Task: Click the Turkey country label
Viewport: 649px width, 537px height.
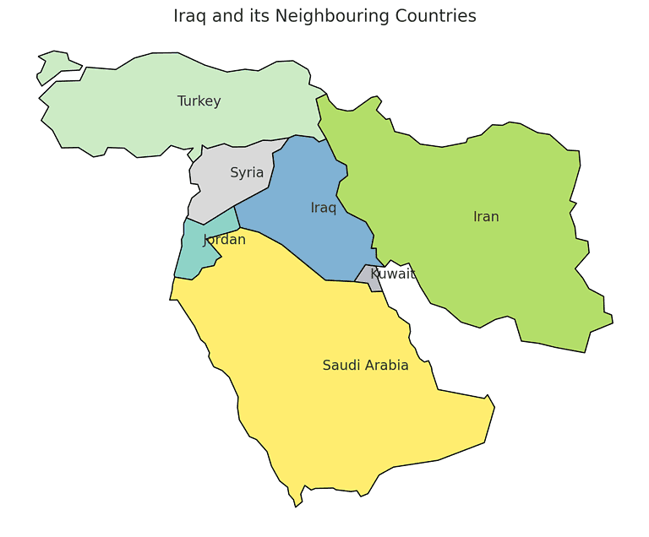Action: point(199,101)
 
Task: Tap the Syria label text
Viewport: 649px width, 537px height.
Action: point(247,173)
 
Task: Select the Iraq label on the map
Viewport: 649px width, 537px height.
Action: point(323,208)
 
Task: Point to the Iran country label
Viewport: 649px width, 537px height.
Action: point(486,217)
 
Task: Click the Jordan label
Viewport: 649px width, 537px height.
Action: point(225,240)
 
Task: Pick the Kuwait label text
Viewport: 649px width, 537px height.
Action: point(393,274)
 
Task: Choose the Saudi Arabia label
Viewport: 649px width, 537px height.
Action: point(365,366)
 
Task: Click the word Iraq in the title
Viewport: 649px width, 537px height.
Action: point(191,16)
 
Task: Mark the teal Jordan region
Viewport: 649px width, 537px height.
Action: point(193,253)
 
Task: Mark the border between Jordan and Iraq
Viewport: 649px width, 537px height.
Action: point(237,217)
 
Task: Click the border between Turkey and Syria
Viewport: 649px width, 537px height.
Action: point(245,143)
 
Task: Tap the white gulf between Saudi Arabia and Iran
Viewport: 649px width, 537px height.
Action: point(401,287)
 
